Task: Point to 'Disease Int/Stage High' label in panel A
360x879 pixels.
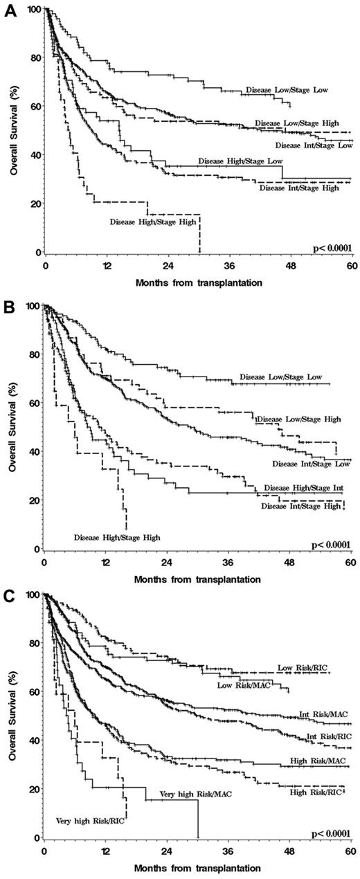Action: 298,188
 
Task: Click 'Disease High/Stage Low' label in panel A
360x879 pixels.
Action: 240,161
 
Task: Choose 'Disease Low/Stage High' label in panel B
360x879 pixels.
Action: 298,419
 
